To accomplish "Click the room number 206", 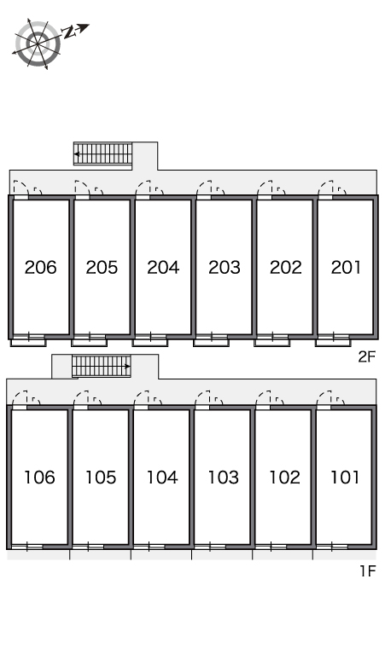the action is [x=40, y=267].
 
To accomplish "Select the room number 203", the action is [x=225, y=267].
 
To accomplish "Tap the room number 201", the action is [x=346, y=267].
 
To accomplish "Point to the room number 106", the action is [x=39, y=478].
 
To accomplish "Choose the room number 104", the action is [x=162, y=478].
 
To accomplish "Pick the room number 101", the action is [x=345, y=478].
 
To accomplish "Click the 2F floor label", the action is [x=366, y=357].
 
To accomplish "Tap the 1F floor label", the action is [x=367, y=570].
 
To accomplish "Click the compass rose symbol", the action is [x=38, y=43].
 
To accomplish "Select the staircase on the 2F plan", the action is [x=102, y=153].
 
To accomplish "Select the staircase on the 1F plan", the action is [x=101, y=366].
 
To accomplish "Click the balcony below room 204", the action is [x=150, y=343].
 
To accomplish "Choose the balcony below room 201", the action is [x=333, y=343].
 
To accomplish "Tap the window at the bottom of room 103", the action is [x=210, y=547].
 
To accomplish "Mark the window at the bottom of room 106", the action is [x=27, y=547].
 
